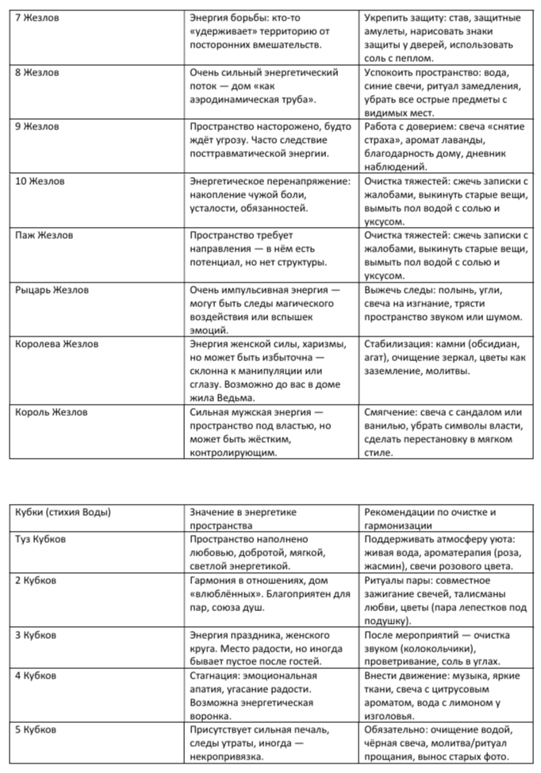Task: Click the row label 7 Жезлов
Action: (39, 17)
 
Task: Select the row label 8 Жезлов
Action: (39, 72)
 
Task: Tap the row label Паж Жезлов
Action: (45, 236)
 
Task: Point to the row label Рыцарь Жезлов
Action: (52, 290)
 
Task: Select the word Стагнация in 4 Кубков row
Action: (216, 676)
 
